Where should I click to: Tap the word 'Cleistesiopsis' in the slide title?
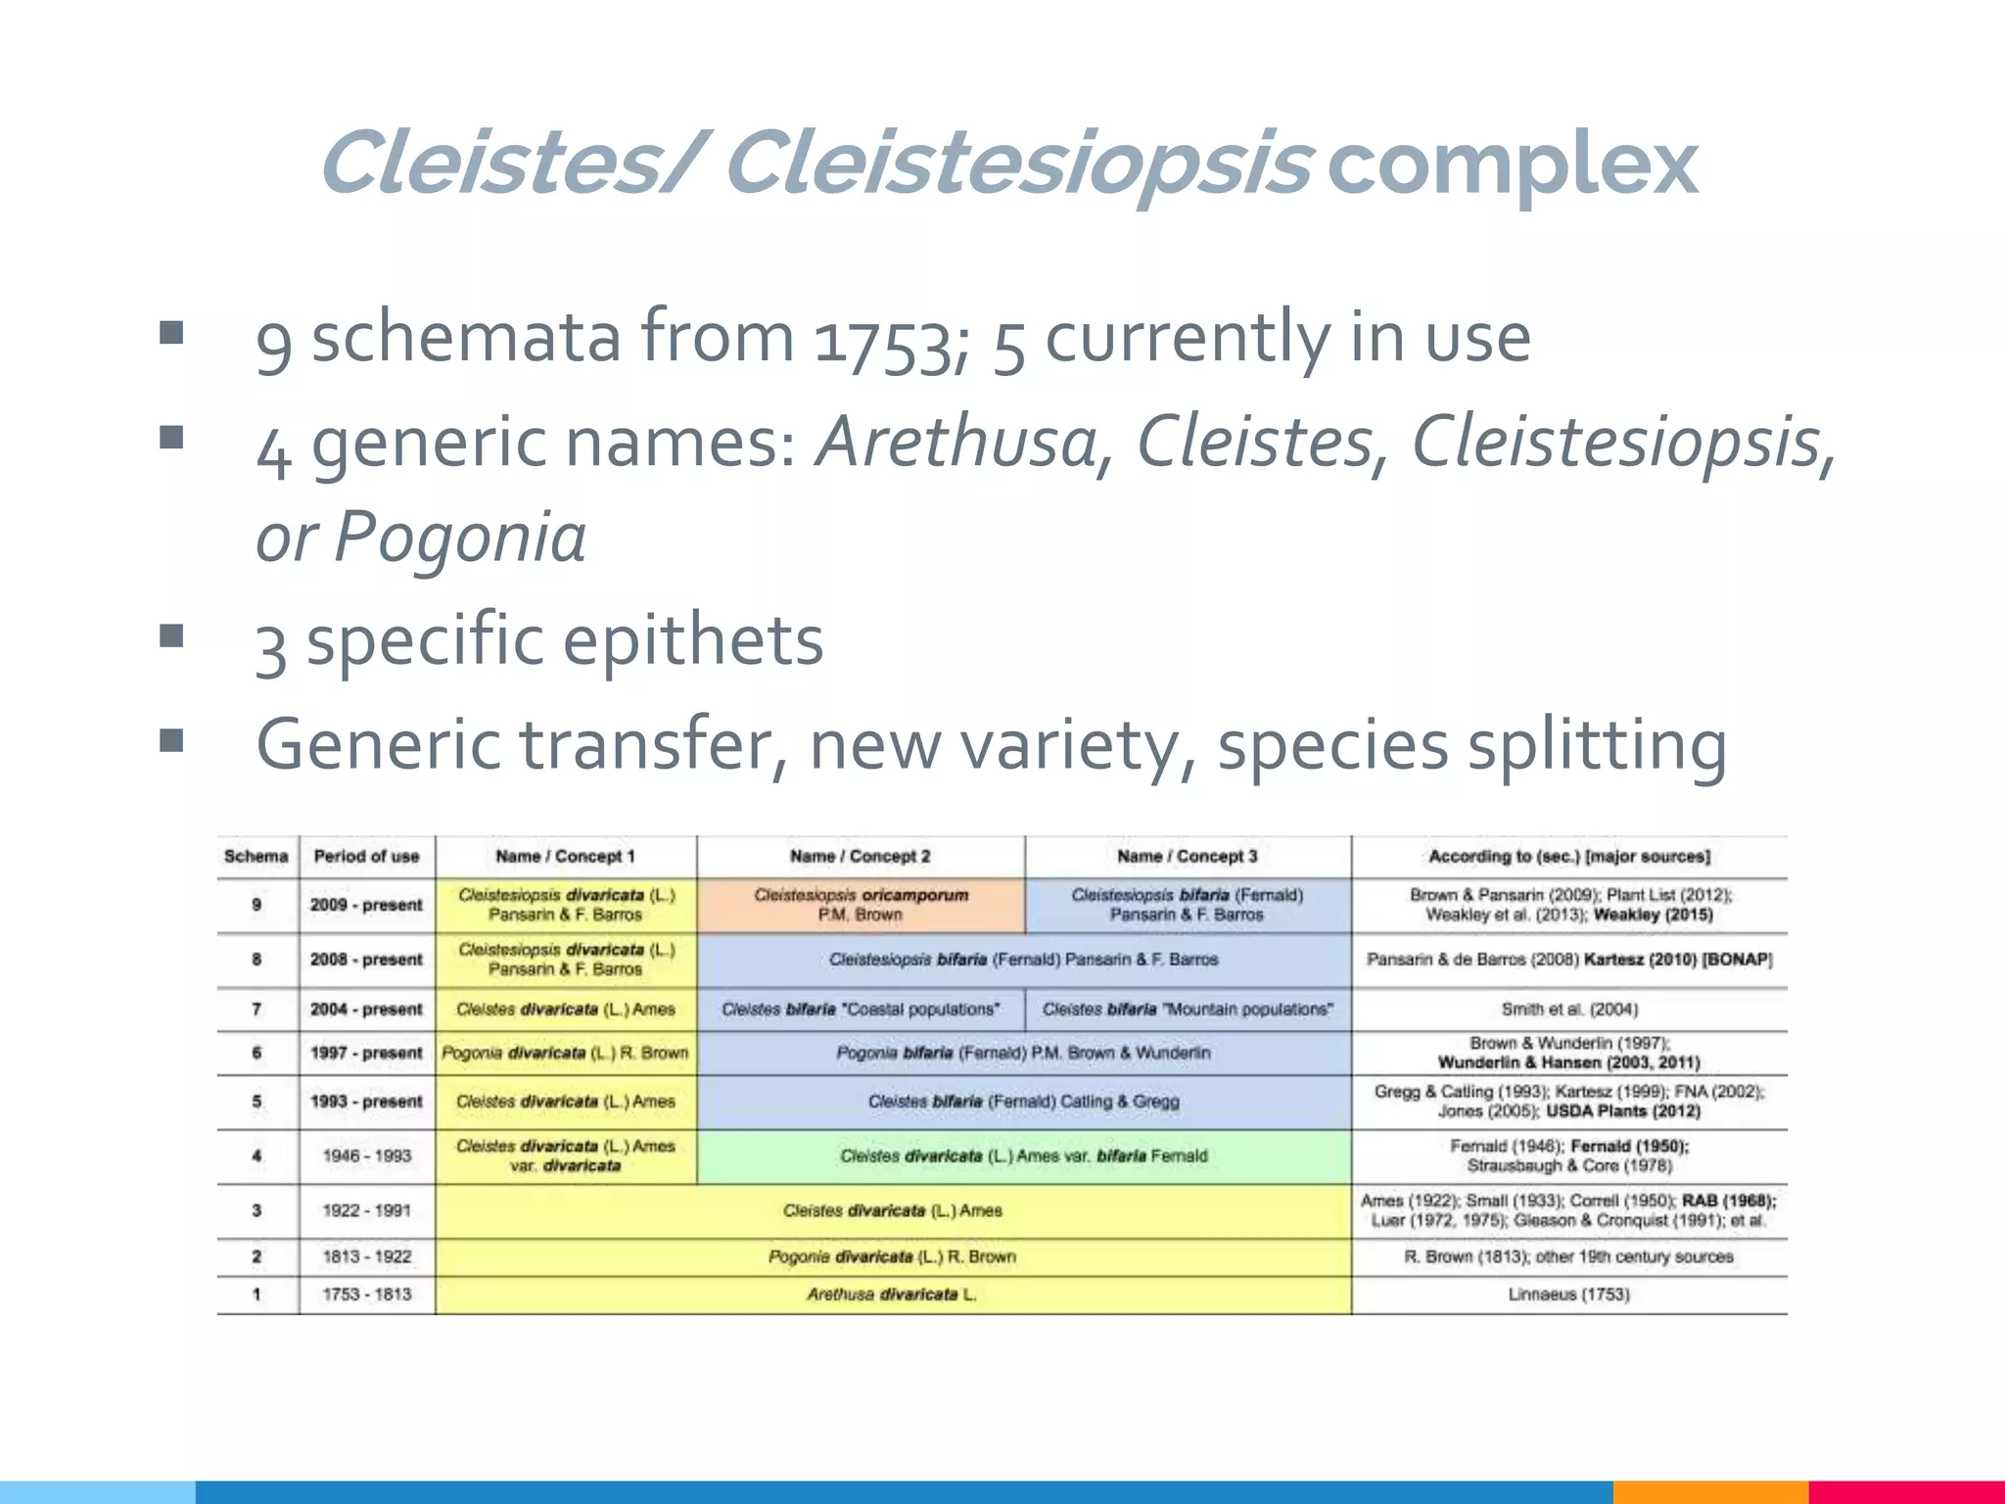tap(1018, 164)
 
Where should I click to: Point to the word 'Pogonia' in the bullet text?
tap(460, 538)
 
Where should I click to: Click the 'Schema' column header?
tap(256, 857)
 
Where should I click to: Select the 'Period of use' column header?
tap(366, 857)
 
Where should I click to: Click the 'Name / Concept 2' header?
tap(860, 857)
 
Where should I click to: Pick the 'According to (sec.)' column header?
tap(1568, 857)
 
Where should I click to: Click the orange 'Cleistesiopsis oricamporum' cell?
tap(861, 905)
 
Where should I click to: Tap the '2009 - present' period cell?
tap(366, 905)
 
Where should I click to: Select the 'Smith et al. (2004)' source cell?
tap(1568, 1010)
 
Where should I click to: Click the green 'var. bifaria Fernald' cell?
tap(1023, 1156)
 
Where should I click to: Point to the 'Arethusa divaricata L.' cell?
tap(892, 1294)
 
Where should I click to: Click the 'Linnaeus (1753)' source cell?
tap(1568, 1294)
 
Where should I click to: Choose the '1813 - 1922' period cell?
tap(366, 1256)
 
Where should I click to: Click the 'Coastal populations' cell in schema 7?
tap(861, 1010)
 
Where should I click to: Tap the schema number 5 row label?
tap(256, 1102)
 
